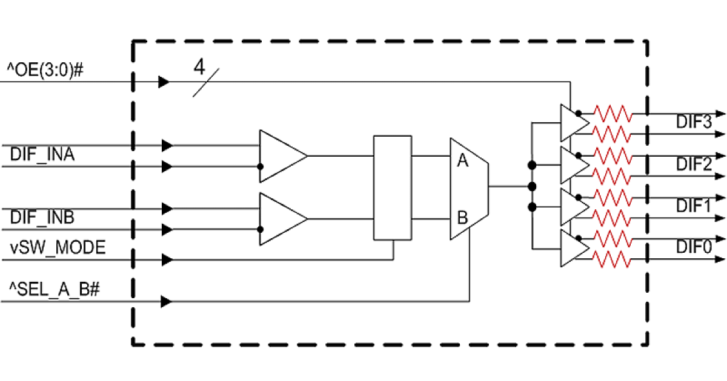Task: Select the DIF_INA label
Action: pos(42,155)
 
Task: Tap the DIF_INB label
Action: pos(42,218)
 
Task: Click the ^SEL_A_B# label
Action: pos(53,290)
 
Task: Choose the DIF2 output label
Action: pos(693,164)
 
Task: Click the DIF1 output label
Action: pos(693,206)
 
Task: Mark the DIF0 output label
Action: pos(693,248)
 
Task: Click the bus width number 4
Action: pos(199,67)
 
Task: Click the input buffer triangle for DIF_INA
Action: pos(280,156)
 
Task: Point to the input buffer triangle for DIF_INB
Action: pos(280,218)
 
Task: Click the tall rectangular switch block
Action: pos(393,188)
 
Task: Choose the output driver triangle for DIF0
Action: pos(573,248)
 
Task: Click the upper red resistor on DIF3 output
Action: pos(612,113)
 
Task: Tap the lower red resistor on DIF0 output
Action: pos(612,260)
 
